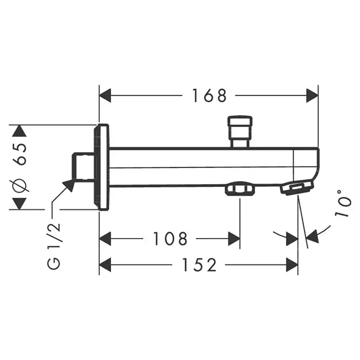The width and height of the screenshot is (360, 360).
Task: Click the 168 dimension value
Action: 209,96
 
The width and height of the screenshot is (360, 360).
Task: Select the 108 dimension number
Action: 170,239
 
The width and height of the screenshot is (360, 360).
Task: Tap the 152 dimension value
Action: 199,265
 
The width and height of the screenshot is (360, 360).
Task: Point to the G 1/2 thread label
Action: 53,246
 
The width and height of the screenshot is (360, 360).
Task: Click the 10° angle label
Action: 343,203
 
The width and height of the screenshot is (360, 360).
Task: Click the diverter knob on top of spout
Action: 240,131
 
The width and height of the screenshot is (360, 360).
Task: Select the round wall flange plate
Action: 101,167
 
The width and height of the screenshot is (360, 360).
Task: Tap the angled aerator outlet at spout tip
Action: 297,188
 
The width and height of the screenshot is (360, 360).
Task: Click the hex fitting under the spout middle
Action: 240,188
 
